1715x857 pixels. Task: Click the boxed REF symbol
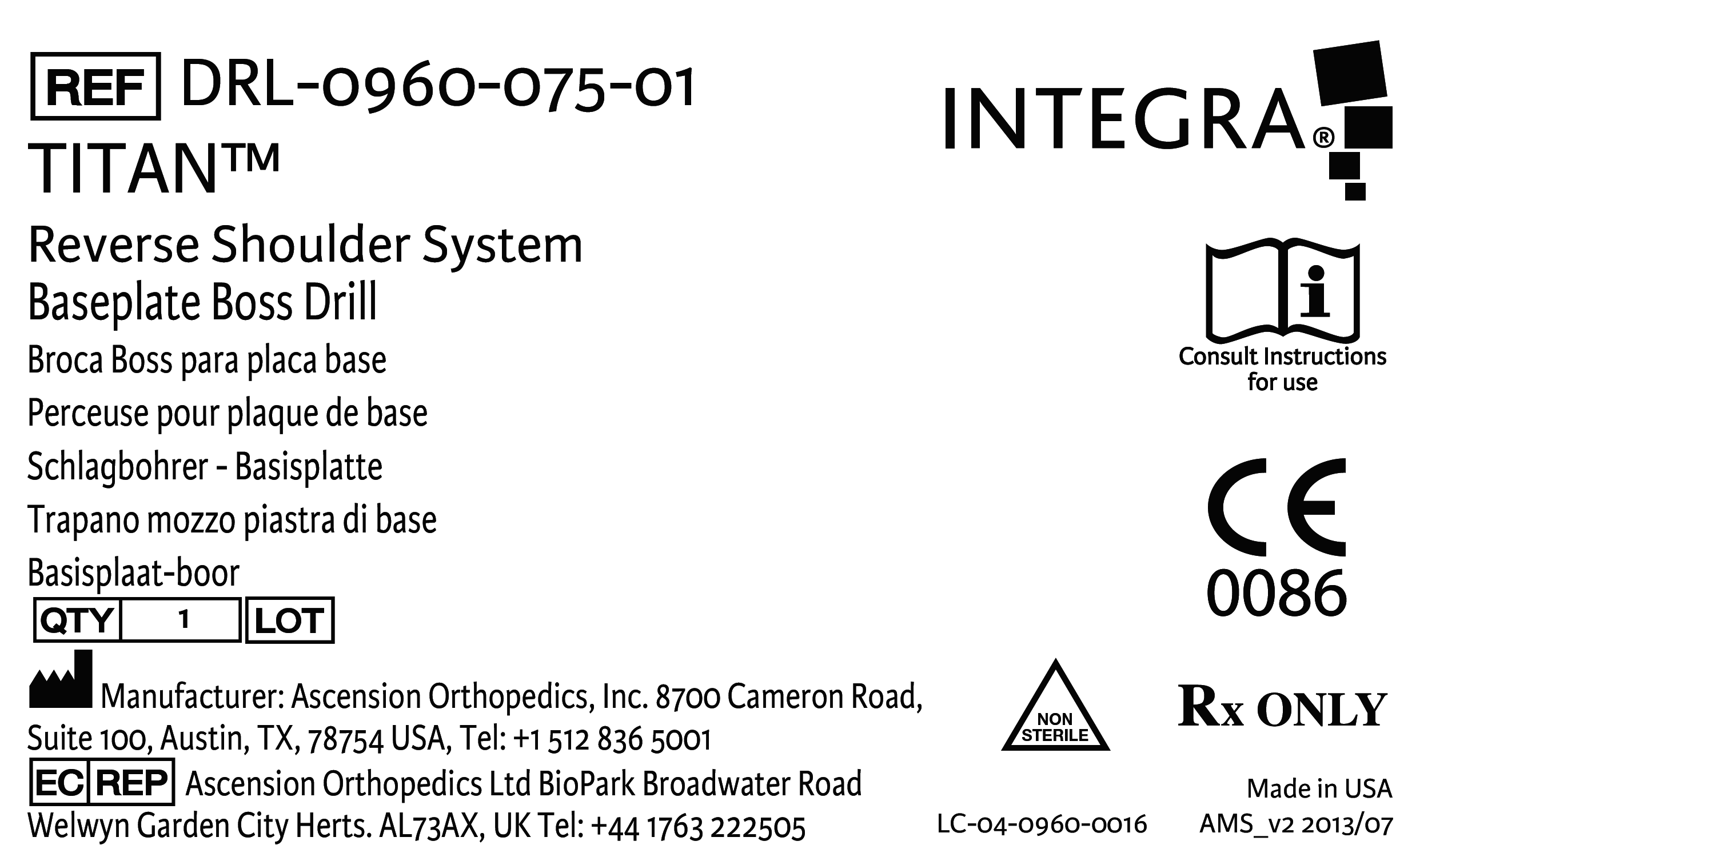pos(95,86)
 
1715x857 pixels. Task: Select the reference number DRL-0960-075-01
pos(437,86)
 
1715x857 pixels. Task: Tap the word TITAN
pos(123,170)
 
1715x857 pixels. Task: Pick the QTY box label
pos(77,620)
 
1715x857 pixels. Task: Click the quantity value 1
pos(184,619)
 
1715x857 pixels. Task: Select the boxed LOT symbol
pos(290,620)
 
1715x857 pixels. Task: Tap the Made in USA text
pos(1319,788)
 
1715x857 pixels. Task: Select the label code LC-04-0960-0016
pos(1042,824)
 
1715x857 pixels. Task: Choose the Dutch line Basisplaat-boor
pos(133,573)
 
